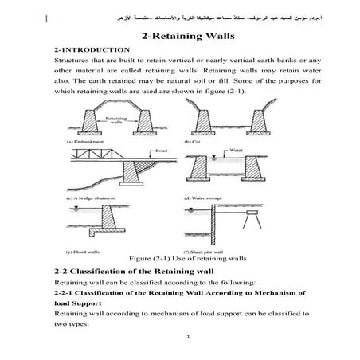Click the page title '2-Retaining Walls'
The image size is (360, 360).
[180, 37]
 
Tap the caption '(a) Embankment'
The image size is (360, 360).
[86, 142]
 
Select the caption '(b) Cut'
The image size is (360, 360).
[211, 142]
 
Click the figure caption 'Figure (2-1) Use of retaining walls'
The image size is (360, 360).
[179, 259]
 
